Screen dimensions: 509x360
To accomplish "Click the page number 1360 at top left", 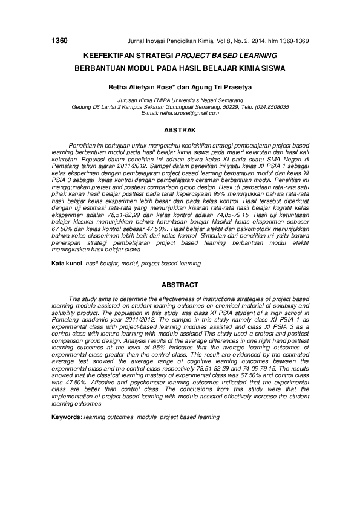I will pyautogui.click(x=59, y=41).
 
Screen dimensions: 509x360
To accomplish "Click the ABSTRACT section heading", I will pyautogui.click(x=180, y=285).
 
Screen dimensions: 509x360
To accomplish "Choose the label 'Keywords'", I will pyautogui.click(x=65, y=418).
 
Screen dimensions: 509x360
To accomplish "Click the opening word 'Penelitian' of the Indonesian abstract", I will pyautogui.click(x=83, y=146).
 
